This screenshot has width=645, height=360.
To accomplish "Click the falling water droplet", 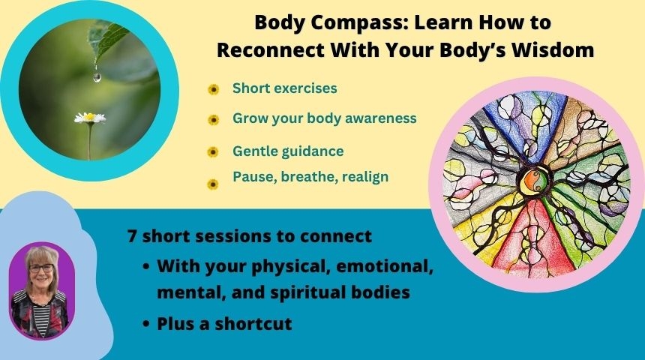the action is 97,77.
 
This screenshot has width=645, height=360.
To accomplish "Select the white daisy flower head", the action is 90,118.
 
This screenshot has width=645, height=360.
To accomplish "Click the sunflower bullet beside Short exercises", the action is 213,89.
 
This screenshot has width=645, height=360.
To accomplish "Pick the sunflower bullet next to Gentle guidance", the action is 213,152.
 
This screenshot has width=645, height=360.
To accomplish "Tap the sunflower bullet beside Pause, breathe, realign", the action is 213,184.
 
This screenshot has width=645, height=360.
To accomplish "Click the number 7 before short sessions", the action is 132,236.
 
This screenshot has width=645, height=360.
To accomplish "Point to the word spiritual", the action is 309,293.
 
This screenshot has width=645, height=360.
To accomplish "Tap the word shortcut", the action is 253,324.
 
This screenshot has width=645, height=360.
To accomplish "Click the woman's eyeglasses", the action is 41,268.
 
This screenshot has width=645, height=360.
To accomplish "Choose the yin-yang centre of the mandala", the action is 535,181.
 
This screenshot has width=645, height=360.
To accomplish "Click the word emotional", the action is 385,266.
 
